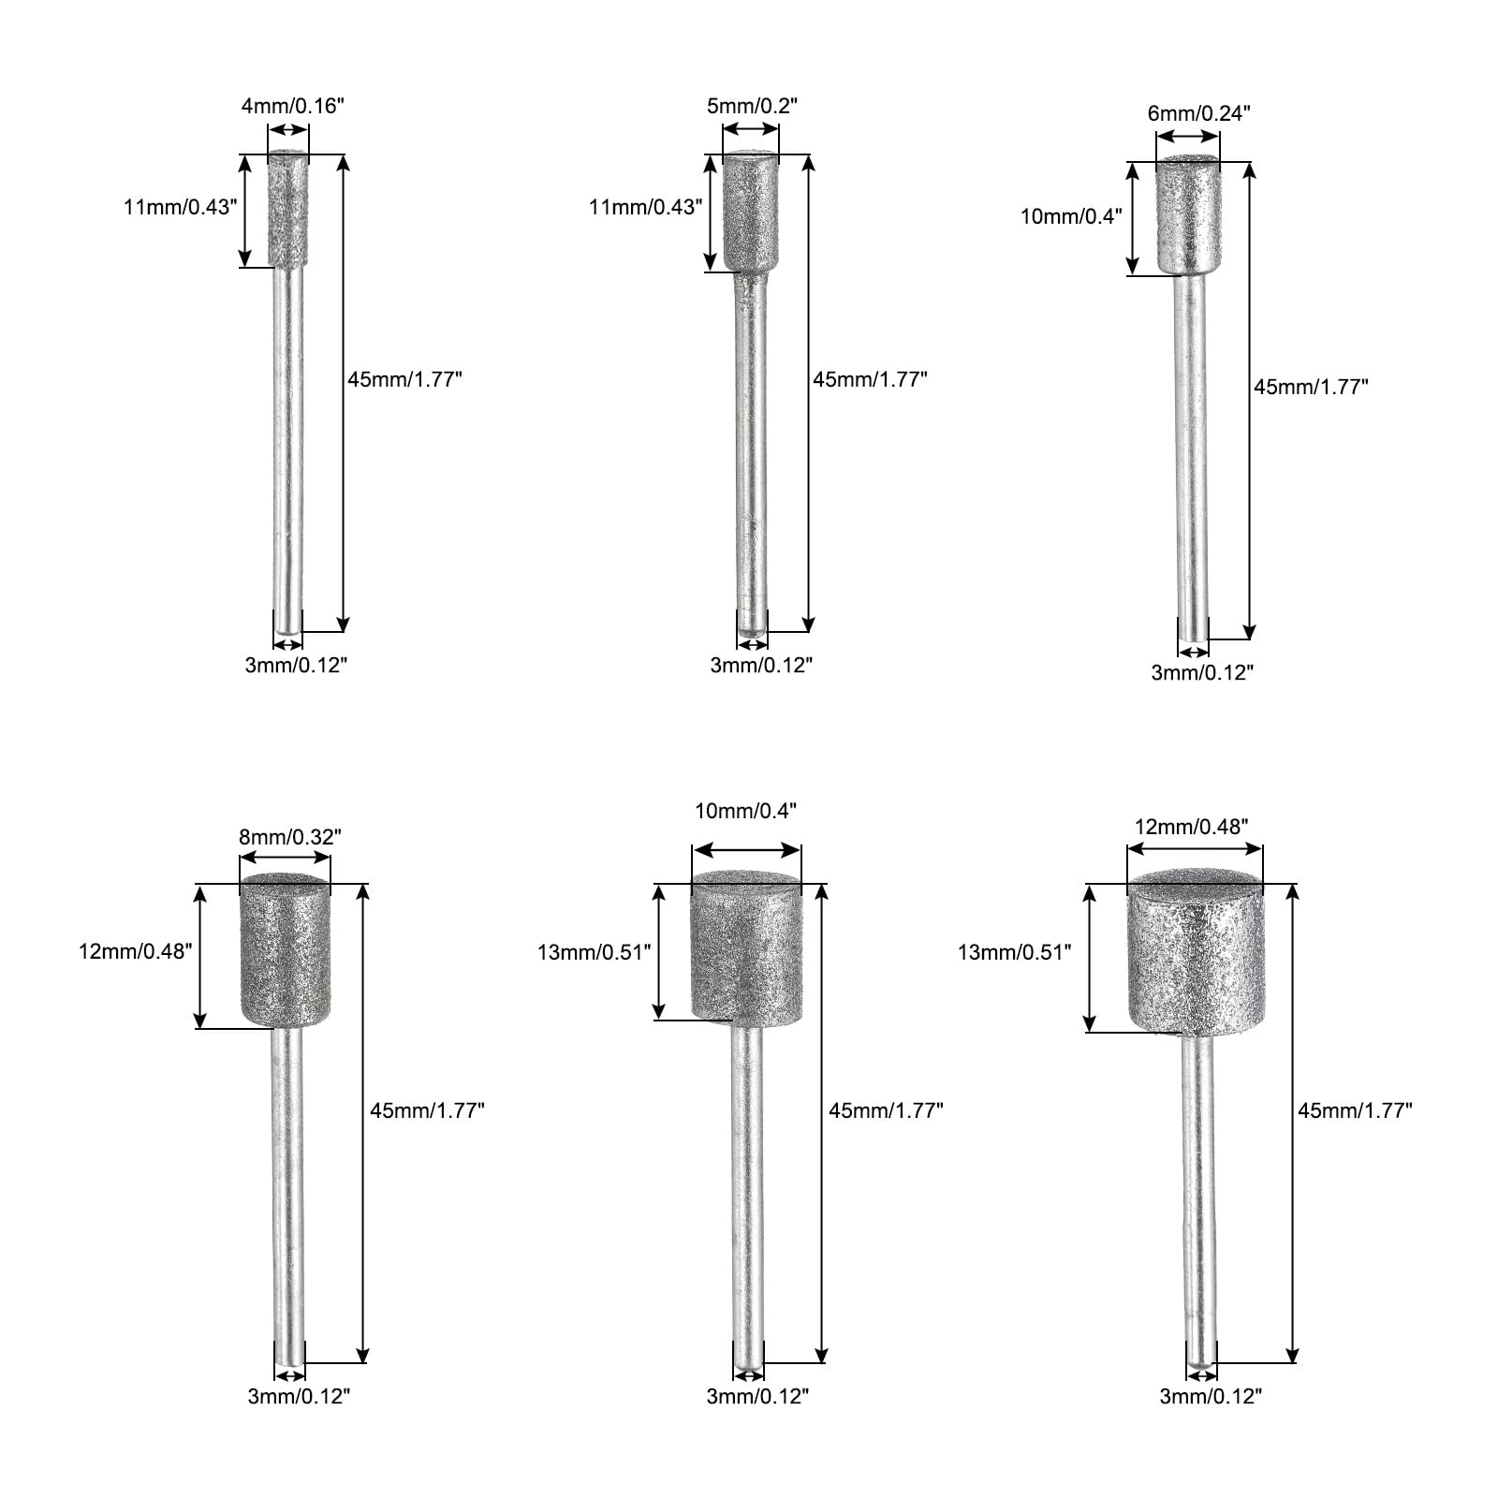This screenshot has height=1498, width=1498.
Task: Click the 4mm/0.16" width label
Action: pos(293,106)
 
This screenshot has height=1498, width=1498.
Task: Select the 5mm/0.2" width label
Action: pos(751,106)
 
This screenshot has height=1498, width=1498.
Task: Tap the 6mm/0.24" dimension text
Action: pos(1198,113)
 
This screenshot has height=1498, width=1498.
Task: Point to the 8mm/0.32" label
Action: pos(286,837)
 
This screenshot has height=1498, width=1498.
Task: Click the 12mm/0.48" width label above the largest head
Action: pos(1192,827)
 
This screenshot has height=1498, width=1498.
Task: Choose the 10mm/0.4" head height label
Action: pos(1070,216)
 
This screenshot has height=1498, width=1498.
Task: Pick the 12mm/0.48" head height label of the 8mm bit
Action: pos(136,951)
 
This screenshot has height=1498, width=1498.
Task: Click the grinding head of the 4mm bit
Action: pos(288,212)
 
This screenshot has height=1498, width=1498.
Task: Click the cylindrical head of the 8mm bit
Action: pos(286,950)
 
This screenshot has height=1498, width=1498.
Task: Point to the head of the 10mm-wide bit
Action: pos(746,947)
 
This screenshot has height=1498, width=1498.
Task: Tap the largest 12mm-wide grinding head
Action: pos(1196,953)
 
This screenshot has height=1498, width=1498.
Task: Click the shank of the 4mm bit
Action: pos(288,449)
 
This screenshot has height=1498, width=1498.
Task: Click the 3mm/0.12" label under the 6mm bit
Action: pos(1201,672)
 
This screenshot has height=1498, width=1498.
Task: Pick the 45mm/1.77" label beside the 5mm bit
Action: pos(870,379)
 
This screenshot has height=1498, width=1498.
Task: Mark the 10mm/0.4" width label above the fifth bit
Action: pos(745,811)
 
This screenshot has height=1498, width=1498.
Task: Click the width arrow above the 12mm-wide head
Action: pos(1195,849)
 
